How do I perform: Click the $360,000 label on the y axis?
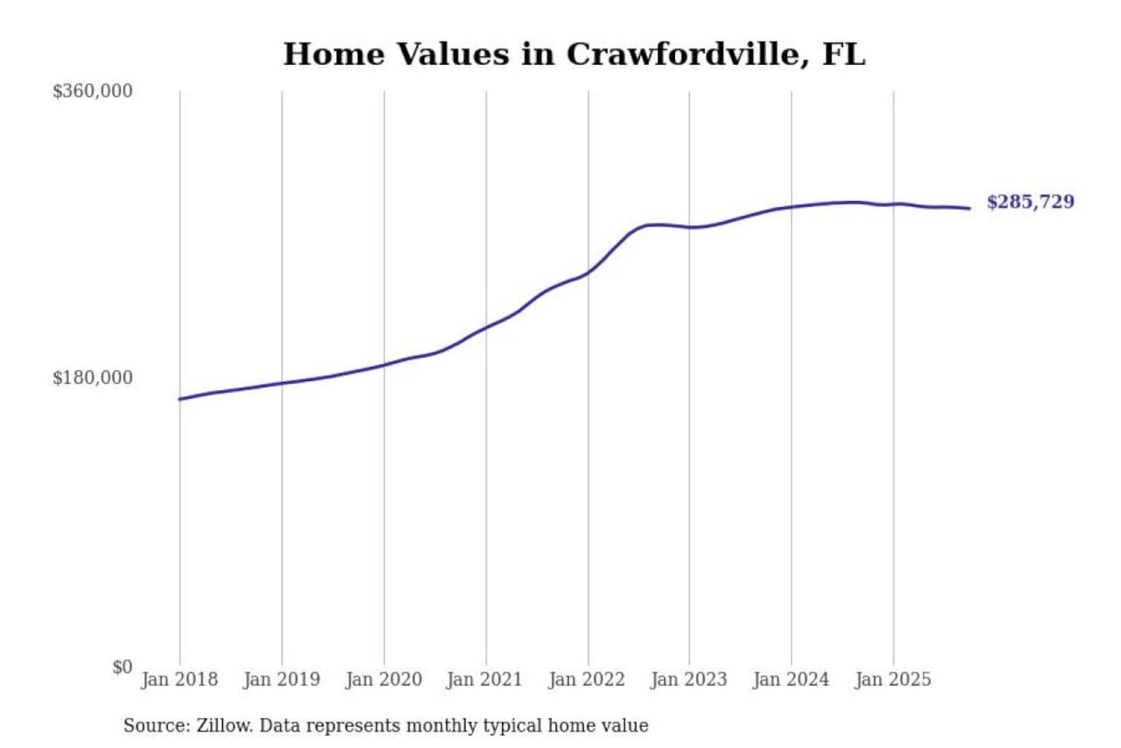pyautogui.click(x=92, y=91)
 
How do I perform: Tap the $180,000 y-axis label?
pyautogui.click(x=92, y=378)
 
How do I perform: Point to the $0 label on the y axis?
pyautogui.click(x=122, y=667)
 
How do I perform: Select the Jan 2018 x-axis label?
pyautogui.click(x=179, y=679)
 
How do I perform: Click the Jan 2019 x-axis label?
pyautogui.click(x=281, y=679)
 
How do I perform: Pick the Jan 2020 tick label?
pyautogui.click(x=383, y=679)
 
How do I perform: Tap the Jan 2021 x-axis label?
pyautogui.click(x=484, y=679)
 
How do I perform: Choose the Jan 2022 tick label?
pyautogui.click(x=586, y=679)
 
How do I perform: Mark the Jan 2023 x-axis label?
pyautogui.click(x=688, y=679)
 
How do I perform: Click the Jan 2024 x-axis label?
pyautogui.click(x=790, y=679)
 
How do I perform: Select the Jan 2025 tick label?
pyautogui.click(x=892, y=679)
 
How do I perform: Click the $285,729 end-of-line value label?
pyautogui.click(x=1030, y=202)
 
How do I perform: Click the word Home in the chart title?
pyautogui.click(x=333, y=55)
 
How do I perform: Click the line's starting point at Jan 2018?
pyautogui.click(x=180, y=399)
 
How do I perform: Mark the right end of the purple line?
pyautogui.click(x=969, y=208)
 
